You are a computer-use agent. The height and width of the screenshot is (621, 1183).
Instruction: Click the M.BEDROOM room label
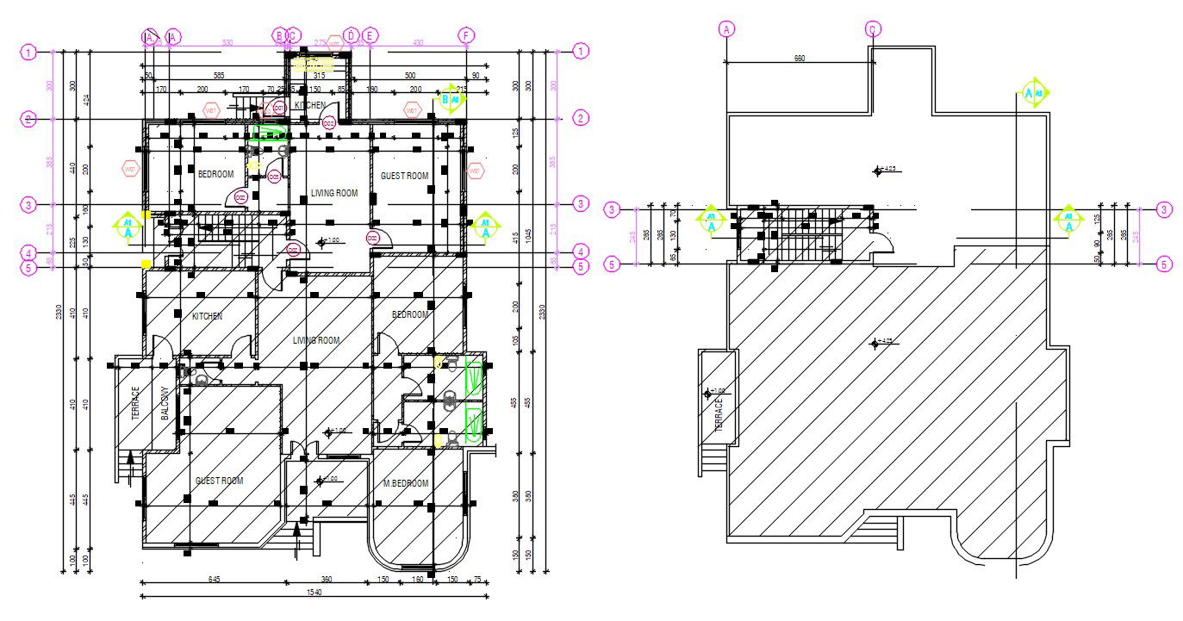[405, 483]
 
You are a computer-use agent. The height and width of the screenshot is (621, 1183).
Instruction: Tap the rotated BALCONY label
[164, 403]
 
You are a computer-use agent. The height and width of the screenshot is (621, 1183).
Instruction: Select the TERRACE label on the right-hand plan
[719, 415]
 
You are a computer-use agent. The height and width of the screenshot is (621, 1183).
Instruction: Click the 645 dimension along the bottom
[214, 579]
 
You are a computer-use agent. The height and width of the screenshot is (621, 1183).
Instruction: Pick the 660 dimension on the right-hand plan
[799, 59]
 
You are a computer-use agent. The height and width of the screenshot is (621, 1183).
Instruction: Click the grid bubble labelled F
[466, 35]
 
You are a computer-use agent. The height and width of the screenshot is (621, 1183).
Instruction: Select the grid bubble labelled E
[370, 35]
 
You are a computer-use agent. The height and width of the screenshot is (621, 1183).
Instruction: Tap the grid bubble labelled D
[350, 35]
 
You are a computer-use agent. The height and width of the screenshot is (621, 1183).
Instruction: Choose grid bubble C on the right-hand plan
[873, 29]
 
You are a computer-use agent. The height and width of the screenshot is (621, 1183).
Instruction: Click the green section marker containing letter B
[451, 98]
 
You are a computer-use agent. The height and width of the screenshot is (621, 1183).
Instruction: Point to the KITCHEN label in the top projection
[310, 105]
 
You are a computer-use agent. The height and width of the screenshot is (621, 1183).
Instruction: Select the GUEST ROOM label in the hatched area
[219, 481]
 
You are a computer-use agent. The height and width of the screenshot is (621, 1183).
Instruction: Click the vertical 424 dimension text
[86, 99]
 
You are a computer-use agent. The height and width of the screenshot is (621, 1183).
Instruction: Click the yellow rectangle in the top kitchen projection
[313, 64]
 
